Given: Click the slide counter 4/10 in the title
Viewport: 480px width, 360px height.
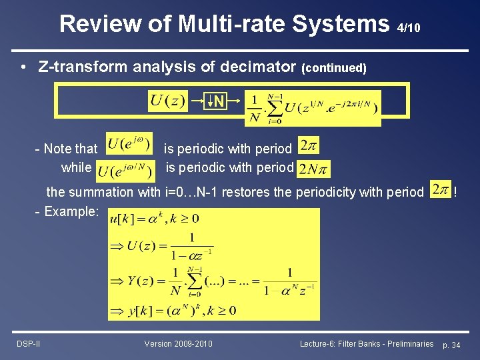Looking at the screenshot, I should click(x=408, y=28).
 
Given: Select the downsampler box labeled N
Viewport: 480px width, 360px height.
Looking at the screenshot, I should click(x=217, y=102).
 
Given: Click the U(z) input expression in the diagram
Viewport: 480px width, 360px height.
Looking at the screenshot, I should click(x=168, y=101).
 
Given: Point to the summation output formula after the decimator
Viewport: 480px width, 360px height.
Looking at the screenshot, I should click(x=313, y=108).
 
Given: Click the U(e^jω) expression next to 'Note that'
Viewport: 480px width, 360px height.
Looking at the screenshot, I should click(x=129, y=145).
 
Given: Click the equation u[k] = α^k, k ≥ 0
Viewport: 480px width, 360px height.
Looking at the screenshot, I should click(x=154, y=219).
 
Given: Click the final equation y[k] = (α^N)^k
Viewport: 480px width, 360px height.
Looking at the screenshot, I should click(x=173, y=311).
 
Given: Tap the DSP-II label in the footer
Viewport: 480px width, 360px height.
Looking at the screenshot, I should click(x=29, y=343).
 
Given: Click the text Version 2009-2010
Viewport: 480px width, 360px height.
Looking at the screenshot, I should click(x=178, y=343).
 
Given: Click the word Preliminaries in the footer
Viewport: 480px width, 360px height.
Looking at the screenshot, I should click(x=404, y=343).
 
